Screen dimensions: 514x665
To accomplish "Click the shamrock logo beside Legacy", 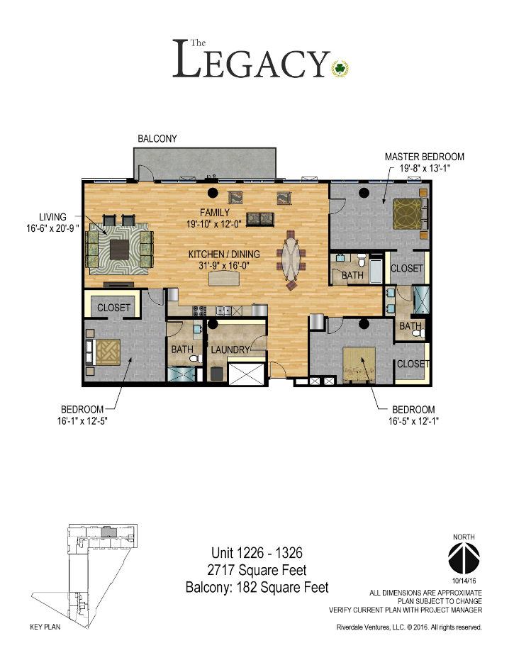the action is [x=340, y=68].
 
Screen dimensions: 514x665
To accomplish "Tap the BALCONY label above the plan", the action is [x=157, y=139].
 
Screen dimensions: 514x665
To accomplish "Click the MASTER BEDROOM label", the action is [x=425, y=157].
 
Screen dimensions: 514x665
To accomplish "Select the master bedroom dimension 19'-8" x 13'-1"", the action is [x=425, y=167].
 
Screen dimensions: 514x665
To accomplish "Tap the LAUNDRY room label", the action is [x=230, y=350].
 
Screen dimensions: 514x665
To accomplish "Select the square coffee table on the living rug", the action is [x=120, y=250].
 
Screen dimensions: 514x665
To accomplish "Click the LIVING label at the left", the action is [x=52, y=217].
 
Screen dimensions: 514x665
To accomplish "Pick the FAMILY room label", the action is [x=215, y=213].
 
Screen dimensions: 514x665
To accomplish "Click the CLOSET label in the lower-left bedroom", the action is [x=113, y=308].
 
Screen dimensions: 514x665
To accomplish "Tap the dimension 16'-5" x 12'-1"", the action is [x=413, y=421].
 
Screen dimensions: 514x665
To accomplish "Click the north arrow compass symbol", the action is [x=464, y=557].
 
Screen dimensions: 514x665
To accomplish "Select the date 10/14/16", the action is [x=464, y=580].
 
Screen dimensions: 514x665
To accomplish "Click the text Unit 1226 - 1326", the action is [x=257, y=552].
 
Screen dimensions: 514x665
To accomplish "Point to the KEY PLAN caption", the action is [x=45, y=627].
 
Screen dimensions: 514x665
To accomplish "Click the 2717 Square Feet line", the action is [x=257, y=570].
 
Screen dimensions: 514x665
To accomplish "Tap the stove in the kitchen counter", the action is [x=200, y=311].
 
